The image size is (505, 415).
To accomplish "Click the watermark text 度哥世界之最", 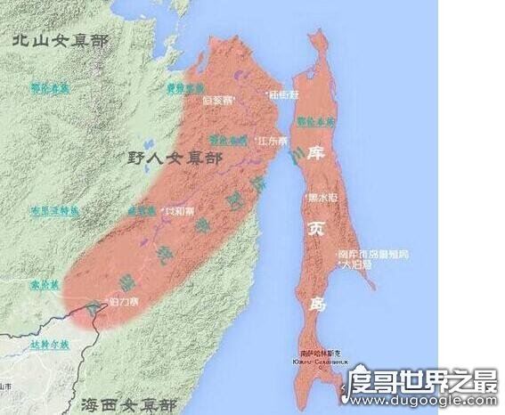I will [434, 384].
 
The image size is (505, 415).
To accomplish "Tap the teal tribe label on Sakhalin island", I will [316, 118].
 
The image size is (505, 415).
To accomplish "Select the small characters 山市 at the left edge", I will [7, 387].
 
